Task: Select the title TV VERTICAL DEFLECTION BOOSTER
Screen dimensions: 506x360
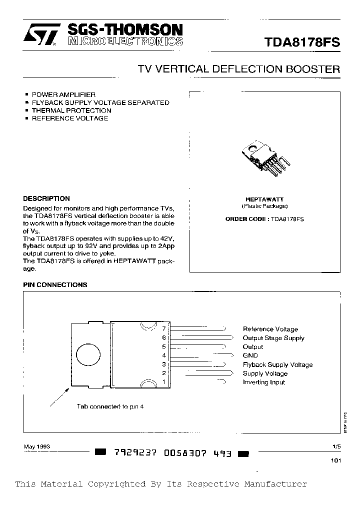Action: pyautogui.click(x=239, y=69)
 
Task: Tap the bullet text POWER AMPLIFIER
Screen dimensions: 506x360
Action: pyautogui.click(x=63, y=94)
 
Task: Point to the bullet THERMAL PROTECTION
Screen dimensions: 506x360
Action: pyautogui.click(x=71, y=110)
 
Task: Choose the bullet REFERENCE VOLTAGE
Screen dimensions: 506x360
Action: pyautogui.click(x=70, y=118)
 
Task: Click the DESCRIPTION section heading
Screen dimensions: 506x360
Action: pyautogui.click(x=46, y=198)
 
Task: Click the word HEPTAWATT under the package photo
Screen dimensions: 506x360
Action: pyautogui.click(x=264, y=199)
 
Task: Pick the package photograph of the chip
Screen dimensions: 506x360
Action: pyautogui.click(x=265, y=157)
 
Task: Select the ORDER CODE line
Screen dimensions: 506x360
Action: pyautogui.click(x=264, y=219)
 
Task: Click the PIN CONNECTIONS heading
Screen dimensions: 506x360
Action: pyautogui.click(x=55, y=285)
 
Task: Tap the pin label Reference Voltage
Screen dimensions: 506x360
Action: pyautogui.click(x=270, y=329)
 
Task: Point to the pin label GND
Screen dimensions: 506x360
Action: pyautogui.click(x=250, y=355)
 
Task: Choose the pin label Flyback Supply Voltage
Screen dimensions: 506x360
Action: pyautogui.click(x=277, y=365)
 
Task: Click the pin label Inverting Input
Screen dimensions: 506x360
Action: pyautogui.click(x=263, y=382)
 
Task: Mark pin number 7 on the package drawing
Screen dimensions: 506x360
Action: pyautogui.click(x=163, y=328)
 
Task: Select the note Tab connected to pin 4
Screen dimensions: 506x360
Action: pyautogui.click(x=110, y=407)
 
